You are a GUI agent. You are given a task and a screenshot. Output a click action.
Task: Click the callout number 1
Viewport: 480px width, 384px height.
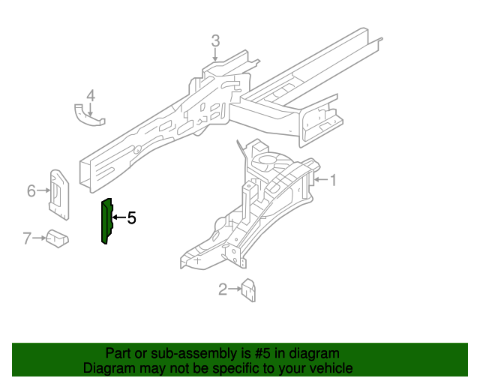pyautogui.click(x=332, y=180)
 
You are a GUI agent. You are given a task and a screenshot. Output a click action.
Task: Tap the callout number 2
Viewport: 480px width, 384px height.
pyautogui.click(x=223, y=289)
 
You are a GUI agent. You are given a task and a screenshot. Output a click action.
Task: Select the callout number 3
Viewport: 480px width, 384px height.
pyautogui.click(x=215, y=41)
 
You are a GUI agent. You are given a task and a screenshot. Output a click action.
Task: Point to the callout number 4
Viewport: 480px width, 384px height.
pyautogui.click(x=91, y=96)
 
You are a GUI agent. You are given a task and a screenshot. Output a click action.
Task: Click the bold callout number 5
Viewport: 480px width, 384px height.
pyautogui.click(x=132, y=218)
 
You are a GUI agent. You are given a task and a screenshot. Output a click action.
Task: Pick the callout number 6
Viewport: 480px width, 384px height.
pyautogui.click(x=31, y=190)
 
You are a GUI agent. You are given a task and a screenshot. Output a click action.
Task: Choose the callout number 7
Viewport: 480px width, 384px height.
pyautogui.click(x=27, y=238)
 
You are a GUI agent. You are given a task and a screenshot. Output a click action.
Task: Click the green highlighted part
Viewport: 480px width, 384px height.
pyautogui.click(x=106, y=221)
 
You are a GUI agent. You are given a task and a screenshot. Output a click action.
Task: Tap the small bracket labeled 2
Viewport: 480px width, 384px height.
pyautogui.click(x=249, y=290)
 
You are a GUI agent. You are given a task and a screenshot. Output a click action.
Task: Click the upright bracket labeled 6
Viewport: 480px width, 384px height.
pyautogui.click(x=59, y=195)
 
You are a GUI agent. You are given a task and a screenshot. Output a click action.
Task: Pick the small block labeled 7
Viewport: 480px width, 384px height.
pyautogui.click(x=57, y=238)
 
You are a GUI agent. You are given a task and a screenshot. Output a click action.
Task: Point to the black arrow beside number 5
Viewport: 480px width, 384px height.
pyautogui.click(x=119, y=217)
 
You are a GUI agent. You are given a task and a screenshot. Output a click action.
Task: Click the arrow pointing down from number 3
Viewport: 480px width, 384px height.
pyautogui.click(x=215, y=55)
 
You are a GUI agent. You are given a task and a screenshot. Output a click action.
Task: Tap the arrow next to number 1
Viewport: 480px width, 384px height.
pyautogui.click(x=321, y=180)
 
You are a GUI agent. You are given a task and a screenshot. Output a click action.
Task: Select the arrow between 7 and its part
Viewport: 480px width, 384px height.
pyautogui.click(x=39, y=238)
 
